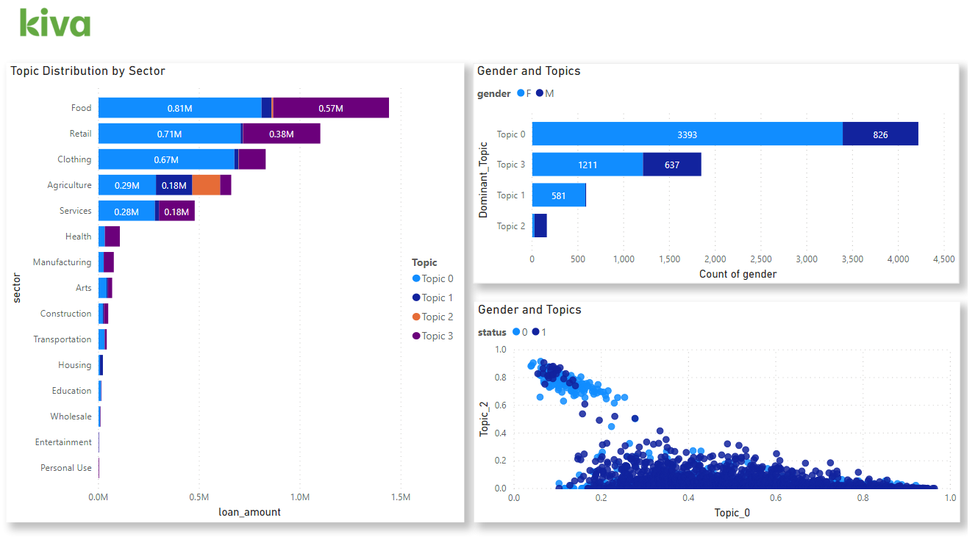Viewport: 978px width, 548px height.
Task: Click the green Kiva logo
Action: pos(55,23)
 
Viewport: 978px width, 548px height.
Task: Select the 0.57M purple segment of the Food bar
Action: pos(330,108)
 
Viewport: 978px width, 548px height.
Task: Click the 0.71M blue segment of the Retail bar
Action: pos(170,134)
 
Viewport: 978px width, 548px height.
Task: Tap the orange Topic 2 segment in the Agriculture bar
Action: pos(206,185)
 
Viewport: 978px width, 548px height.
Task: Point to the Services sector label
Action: pos(76,211)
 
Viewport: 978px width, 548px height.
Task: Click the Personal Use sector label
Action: pos(66,468)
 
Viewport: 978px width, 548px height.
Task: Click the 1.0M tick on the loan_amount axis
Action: pos(299,497)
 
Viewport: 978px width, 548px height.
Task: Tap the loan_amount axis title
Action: pos(250,512)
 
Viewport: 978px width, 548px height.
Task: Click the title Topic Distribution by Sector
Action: pos(88,71)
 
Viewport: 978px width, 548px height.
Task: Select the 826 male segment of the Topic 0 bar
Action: pos(880,134)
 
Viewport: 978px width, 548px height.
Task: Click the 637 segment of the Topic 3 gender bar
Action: pos(671,165)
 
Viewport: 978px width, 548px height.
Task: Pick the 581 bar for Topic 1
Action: pos(558,195)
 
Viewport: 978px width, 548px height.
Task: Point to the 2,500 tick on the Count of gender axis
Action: pos(760,259)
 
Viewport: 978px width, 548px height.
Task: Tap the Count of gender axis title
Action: pos(738,274)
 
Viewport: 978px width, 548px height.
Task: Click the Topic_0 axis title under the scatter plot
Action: pos(732,513)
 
